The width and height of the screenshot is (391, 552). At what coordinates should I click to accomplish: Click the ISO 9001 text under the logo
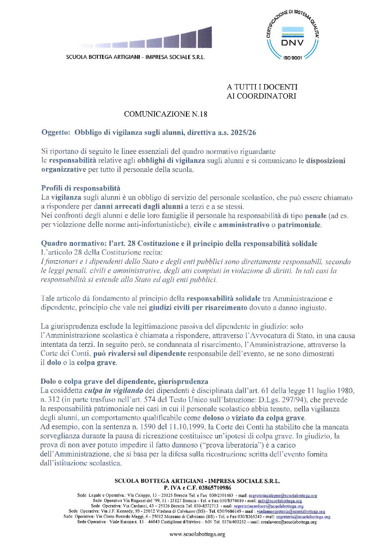[x=293, y=58]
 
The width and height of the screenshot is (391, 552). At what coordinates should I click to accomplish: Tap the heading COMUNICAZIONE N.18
[x=165, y=114]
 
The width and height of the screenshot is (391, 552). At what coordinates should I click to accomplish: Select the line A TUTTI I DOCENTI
[x=262, y=87]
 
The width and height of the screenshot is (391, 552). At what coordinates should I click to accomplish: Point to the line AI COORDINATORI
[x=262, y=96]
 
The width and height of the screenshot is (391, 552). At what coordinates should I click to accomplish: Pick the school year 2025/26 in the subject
[x=243, y=132]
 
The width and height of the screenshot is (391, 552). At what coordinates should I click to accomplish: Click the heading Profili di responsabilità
[x=81, y=188]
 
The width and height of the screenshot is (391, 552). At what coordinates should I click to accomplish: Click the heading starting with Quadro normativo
[x=179, y=243]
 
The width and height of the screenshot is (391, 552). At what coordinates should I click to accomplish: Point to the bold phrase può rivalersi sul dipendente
[x=139, y=353]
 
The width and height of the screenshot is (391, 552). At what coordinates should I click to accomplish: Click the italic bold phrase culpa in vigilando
[x=113, y=390]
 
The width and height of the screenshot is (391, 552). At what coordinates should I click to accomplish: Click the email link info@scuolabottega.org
[x=280, y=501]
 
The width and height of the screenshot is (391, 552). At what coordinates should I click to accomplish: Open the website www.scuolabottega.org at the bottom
[x=197, y=534]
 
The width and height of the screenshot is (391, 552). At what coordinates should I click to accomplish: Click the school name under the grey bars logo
[x=135, y=57]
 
